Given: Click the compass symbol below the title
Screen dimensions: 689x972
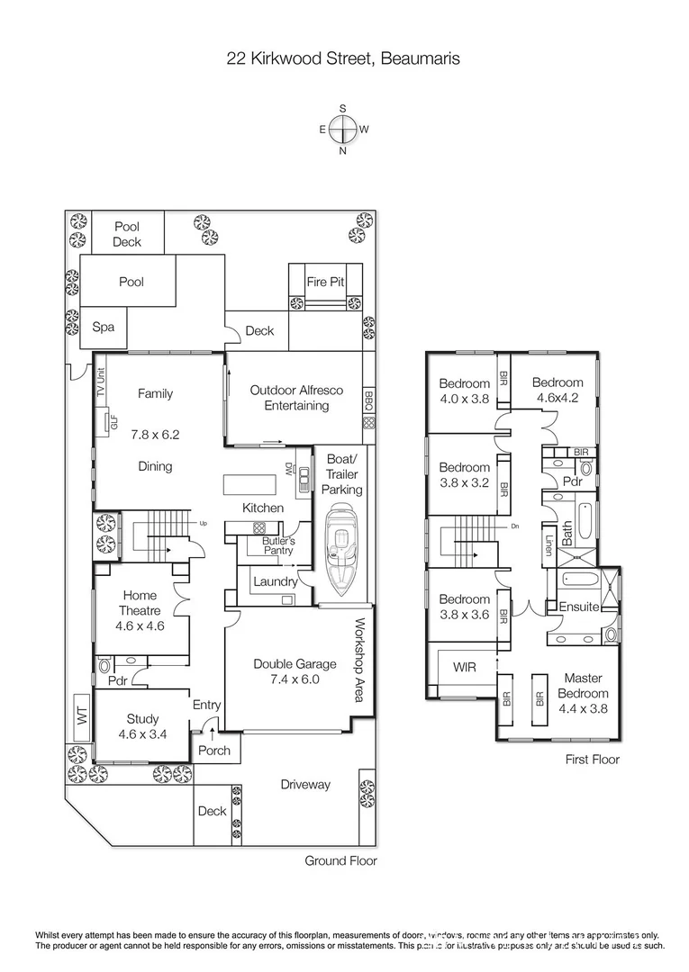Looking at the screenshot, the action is (342, 130).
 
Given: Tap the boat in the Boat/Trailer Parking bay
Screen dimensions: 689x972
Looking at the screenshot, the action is (341, 551).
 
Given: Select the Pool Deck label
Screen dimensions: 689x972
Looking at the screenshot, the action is (127, 235).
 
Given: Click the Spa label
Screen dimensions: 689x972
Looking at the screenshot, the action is (104, 328).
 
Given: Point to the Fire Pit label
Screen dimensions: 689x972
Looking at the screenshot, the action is (325, 282).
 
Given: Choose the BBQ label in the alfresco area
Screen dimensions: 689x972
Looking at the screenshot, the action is (368, 400).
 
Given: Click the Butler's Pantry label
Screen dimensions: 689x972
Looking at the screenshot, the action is (278, 545).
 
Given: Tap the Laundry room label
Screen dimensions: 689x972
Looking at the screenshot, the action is (275, 581).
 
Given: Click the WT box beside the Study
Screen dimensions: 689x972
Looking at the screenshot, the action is (80, 716).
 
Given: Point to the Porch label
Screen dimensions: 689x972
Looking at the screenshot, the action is (213, 751).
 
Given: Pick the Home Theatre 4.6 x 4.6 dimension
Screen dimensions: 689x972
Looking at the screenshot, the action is (141, 626).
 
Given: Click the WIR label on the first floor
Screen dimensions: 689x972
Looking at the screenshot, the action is (464, 667).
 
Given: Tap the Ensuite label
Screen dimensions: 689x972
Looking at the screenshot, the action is (578, 607).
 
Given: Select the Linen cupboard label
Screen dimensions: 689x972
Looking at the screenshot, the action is (548, 545).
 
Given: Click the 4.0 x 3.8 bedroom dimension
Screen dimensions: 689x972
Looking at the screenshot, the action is (464, 398).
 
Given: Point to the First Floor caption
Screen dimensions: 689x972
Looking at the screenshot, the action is (592, 760).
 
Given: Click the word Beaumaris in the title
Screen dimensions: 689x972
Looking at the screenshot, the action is (421, 59).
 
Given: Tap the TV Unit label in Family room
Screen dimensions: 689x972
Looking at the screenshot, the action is (102, 383).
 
